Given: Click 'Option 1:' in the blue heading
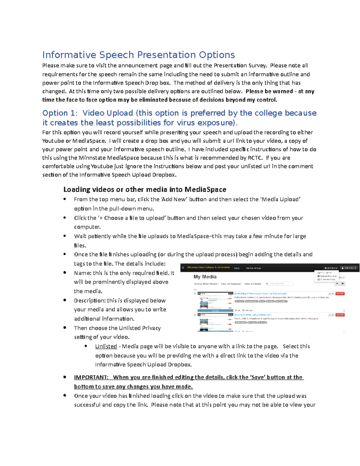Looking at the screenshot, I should (60, 113).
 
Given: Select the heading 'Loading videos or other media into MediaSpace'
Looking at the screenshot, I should (145, 190).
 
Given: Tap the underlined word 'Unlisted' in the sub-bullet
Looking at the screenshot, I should (106, 346).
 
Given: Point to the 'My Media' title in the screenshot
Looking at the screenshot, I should (205, 277).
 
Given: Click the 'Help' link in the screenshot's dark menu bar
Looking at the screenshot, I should (237, 268).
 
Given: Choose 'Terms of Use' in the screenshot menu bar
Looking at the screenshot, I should (253, 268).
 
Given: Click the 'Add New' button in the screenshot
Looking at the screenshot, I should (331, 268).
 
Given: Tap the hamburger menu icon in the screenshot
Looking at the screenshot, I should (183, 268).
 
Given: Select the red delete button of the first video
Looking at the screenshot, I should (340, 294).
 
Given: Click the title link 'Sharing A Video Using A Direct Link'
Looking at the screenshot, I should (253, 315).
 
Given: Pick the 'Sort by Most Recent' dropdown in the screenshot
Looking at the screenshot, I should (206, 284).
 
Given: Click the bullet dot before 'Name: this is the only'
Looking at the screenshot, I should (65, 273).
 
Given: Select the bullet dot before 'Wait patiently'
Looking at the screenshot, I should (65, 236).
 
